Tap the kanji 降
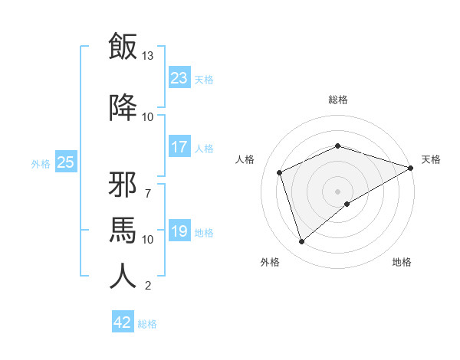[123, 107]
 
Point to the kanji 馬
[123, 230]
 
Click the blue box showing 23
[179, 78]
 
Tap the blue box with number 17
[179, 148]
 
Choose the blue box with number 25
[65, 162]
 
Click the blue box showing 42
[123, 322]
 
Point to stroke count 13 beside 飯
[148, 56]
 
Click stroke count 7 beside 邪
[148, 185]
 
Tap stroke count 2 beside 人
[148, 286]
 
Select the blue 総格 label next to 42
[147, 324]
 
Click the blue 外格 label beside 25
[41, 163]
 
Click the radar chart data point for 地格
[347, 204]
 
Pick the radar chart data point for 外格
[301, 242]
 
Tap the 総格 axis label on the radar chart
[338, 100]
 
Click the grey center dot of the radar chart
[338, 191]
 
